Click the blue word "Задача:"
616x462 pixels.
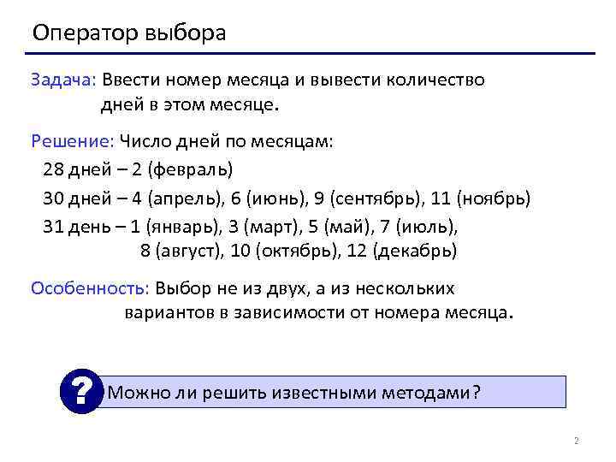coord(64,80)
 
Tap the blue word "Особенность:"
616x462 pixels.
coord(90,288)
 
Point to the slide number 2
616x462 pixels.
coord(576,441)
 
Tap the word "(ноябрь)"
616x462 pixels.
coord(494,199)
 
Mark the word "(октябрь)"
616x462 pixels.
coord(296,252)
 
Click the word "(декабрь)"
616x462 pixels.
coord(417,252)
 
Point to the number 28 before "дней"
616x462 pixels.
coord(55,169)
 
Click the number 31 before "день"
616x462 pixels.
coord(55,228)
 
